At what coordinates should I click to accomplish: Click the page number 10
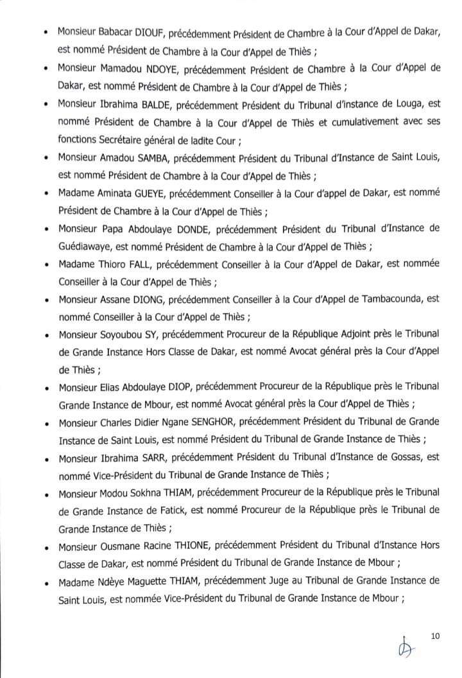[435, 636]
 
